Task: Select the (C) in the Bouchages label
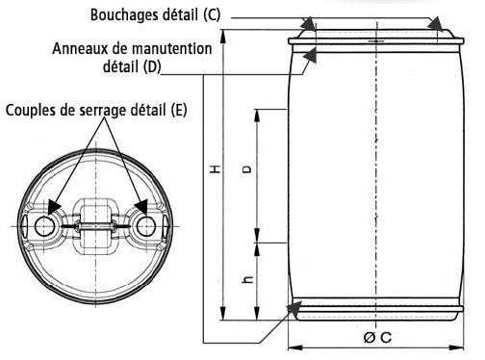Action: click(x=212, y=14)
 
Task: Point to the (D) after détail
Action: click(x=152, y=66)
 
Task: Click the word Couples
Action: click(x=31, y=111)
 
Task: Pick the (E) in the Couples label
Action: click(x=179, y=110)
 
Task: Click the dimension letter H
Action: click(x=216, y=169)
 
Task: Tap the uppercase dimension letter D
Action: click(x=246, y=169)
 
